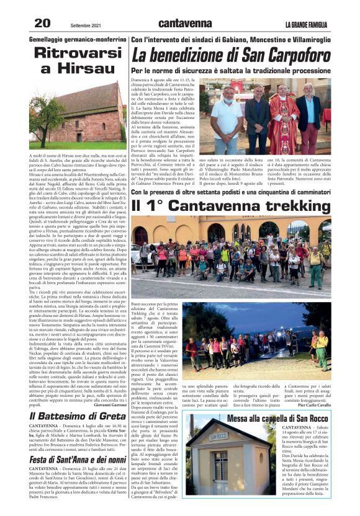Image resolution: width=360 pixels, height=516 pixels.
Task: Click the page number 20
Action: [x=42, y=22]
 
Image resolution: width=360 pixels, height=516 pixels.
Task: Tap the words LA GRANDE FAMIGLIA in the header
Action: [x=307, y=24]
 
